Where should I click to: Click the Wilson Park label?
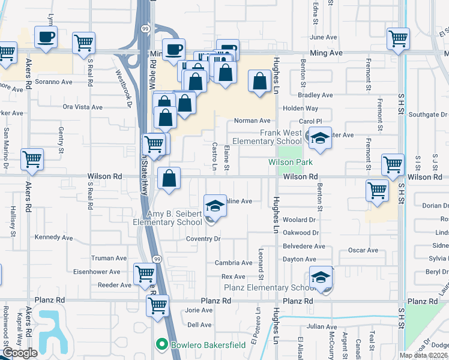(x=291, y=163)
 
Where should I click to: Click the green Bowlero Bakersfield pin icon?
(x=161, y=345)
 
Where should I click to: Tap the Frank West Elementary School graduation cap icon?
(x=320, y=137)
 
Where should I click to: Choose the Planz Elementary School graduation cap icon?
(x=321, y=277)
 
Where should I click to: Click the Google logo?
(x=19, y=353)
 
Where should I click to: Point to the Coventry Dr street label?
(x=203, y=239)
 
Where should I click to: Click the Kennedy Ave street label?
(x=53, y=237)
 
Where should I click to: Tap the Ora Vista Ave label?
(x=82, y=107)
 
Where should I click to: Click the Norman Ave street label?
(x=253, y=121)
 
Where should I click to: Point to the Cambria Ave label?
(x=234, y=263)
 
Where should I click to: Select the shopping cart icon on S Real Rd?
(x=83, y=42)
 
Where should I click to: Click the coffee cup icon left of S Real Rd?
(x=46, y=36)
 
